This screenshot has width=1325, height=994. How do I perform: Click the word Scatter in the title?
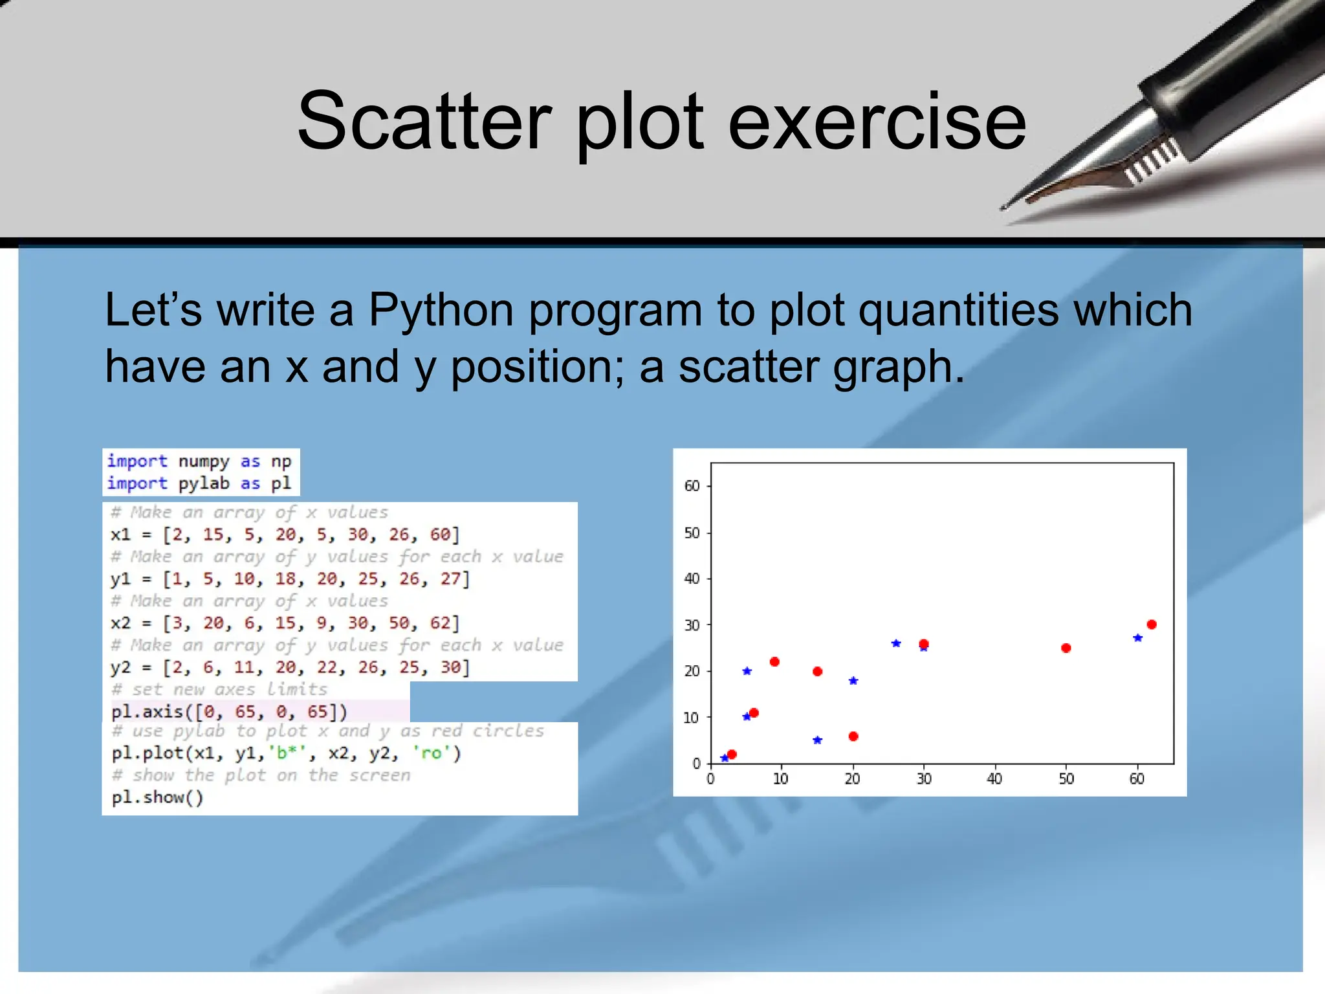(424, 122)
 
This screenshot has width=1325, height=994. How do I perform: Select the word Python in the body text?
(441, 309)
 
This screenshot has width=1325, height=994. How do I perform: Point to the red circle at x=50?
(1066, 648)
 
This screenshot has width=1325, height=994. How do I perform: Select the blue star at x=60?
(1138, 638)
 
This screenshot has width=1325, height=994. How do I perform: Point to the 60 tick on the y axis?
(692, 486)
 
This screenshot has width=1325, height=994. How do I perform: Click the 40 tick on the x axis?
(994, 779)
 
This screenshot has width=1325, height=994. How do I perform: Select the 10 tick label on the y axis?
(691, 718)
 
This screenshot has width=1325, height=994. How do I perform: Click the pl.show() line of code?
(157, 797)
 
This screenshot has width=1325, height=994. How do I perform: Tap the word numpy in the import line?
(204, 461)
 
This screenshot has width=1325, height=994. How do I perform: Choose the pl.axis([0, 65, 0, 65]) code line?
(229, 712)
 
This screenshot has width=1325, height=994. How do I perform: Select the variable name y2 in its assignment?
(120, 667)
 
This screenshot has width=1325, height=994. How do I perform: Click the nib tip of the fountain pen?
(1003, 208)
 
